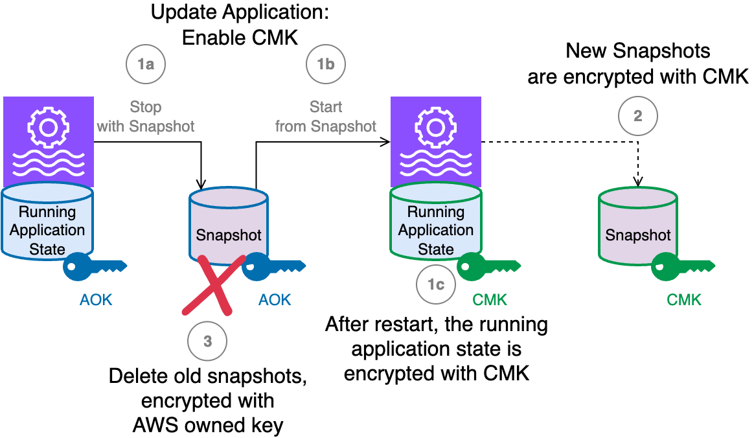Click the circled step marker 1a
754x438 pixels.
click(x=145, y=64)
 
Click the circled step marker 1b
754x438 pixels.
click(x=326, y=64)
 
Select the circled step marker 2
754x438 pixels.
click(x=638, y=117)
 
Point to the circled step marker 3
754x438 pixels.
click(x=207, y=341)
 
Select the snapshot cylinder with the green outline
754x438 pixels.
click(x=638, y=227)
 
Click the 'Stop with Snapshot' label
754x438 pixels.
click(x=145, y=117)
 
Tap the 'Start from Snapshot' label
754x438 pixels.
click(x=326, y=117)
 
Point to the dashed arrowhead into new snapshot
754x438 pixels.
click(x=639, y=183)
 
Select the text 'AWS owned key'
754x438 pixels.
click(x=208, y=425)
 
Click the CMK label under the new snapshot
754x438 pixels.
click(x=684, y=299)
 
